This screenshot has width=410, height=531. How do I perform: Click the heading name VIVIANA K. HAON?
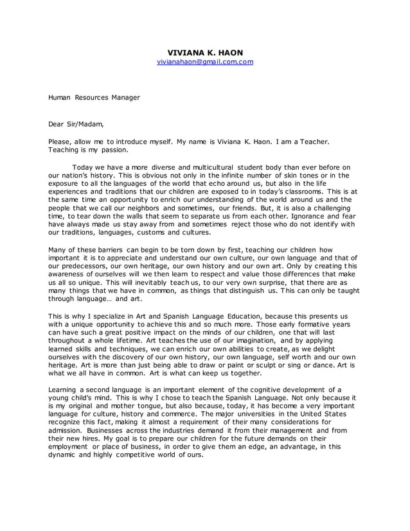pyautogui.click(x=205, y=52)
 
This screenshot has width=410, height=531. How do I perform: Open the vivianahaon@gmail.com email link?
pyautogui.click(x=205, y=62)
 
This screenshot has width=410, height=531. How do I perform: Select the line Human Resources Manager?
pyautogui.click(x=94, y=98)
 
